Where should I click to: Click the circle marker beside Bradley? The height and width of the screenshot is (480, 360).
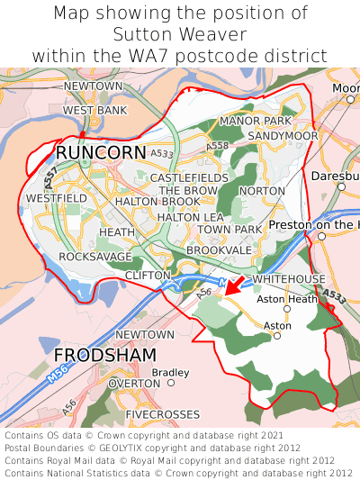[171, 382]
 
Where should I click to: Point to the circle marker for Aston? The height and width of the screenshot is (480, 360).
[277, 335]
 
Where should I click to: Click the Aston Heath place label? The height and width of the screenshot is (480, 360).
[287, 299]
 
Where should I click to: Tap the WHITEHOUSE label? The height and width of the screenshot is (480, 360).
[289, 279]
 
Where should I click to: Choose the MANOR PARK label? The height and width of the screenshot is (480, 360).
[256, 121]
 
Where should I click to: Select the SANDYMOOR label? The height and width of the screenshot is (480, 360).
[283, 135]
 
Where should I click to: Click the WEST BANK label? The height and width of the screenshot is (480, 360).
[94, 110]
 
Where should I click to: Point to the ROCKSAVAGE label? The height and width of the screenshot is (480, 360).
[94, 257]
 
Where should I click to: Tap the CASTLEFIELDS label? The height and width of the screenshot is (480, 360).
[189, 178]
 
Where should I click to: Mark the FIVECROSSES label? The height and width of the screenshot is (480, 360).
[164, 414]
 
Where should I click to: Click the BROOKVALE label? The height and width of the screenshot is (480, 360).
[220, 249]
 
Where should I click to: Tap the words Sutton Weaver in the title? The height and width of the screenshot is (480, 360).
[179, 34]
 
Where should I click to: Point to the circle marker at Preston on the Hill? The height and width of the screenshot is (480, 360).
[321, 236]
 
